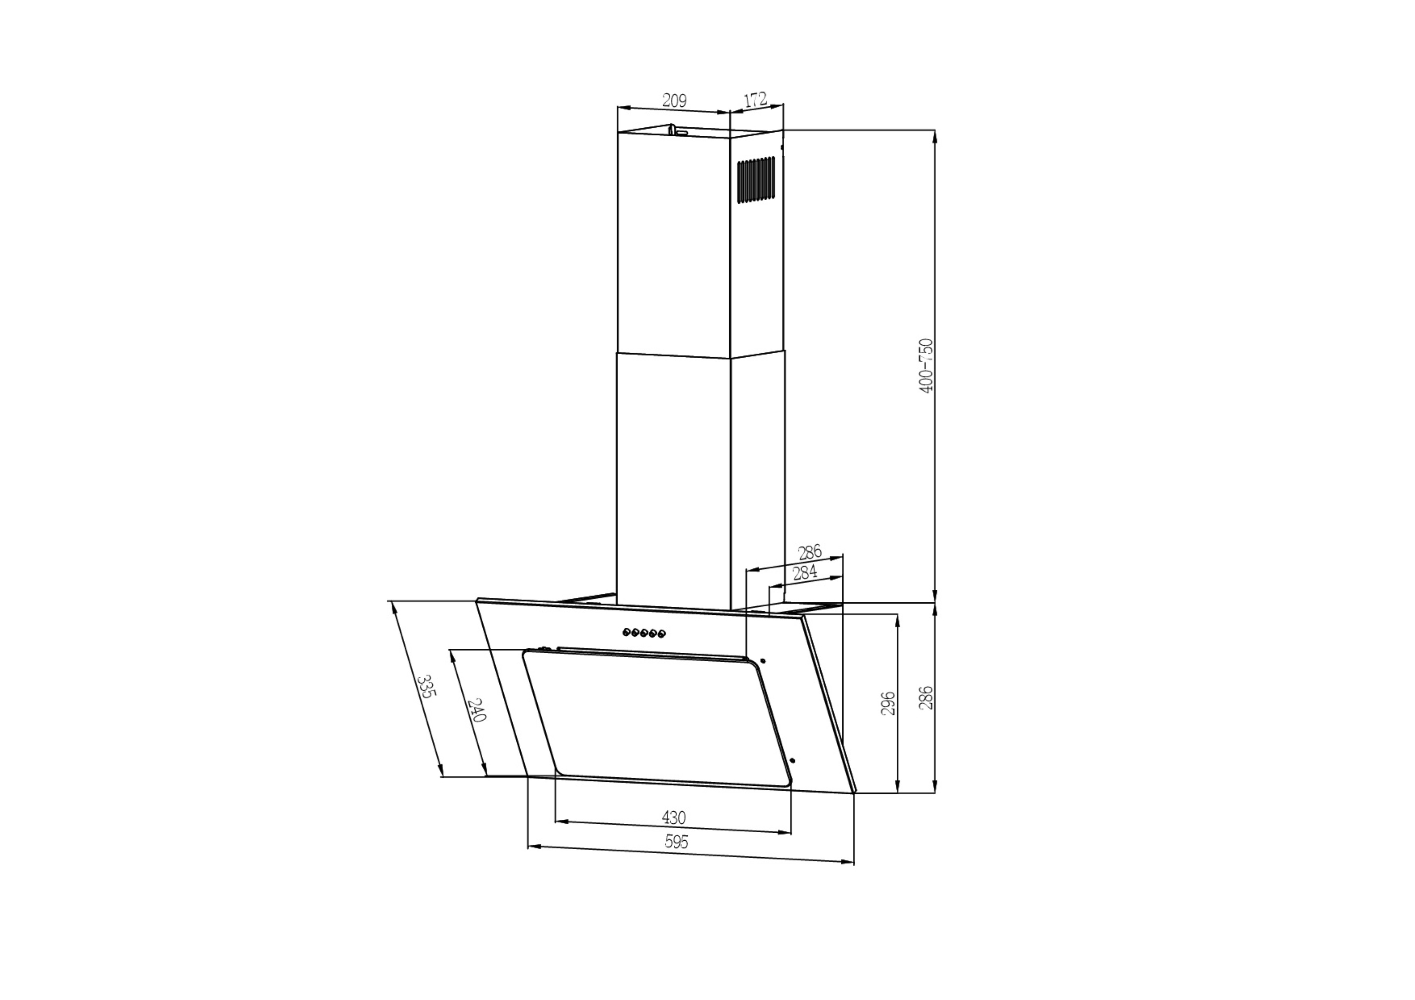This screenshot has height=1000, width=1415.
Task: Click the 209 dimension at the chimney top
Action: (674, 100)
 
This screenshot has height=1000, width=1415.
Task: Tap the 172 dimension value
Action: (755, 100)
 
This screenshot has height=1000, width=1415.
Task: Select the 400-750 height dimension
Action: (926, 366)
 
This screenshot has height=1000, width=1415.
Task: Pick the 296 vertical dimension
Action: (888, 703)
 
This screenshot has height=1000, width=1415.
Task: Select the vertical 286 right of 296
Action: (926, 698)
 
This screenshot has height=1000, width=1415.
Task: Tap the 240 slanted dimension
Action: (477, 710)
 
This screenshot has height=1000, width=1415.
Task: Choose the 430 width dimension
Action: (674, 818)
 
